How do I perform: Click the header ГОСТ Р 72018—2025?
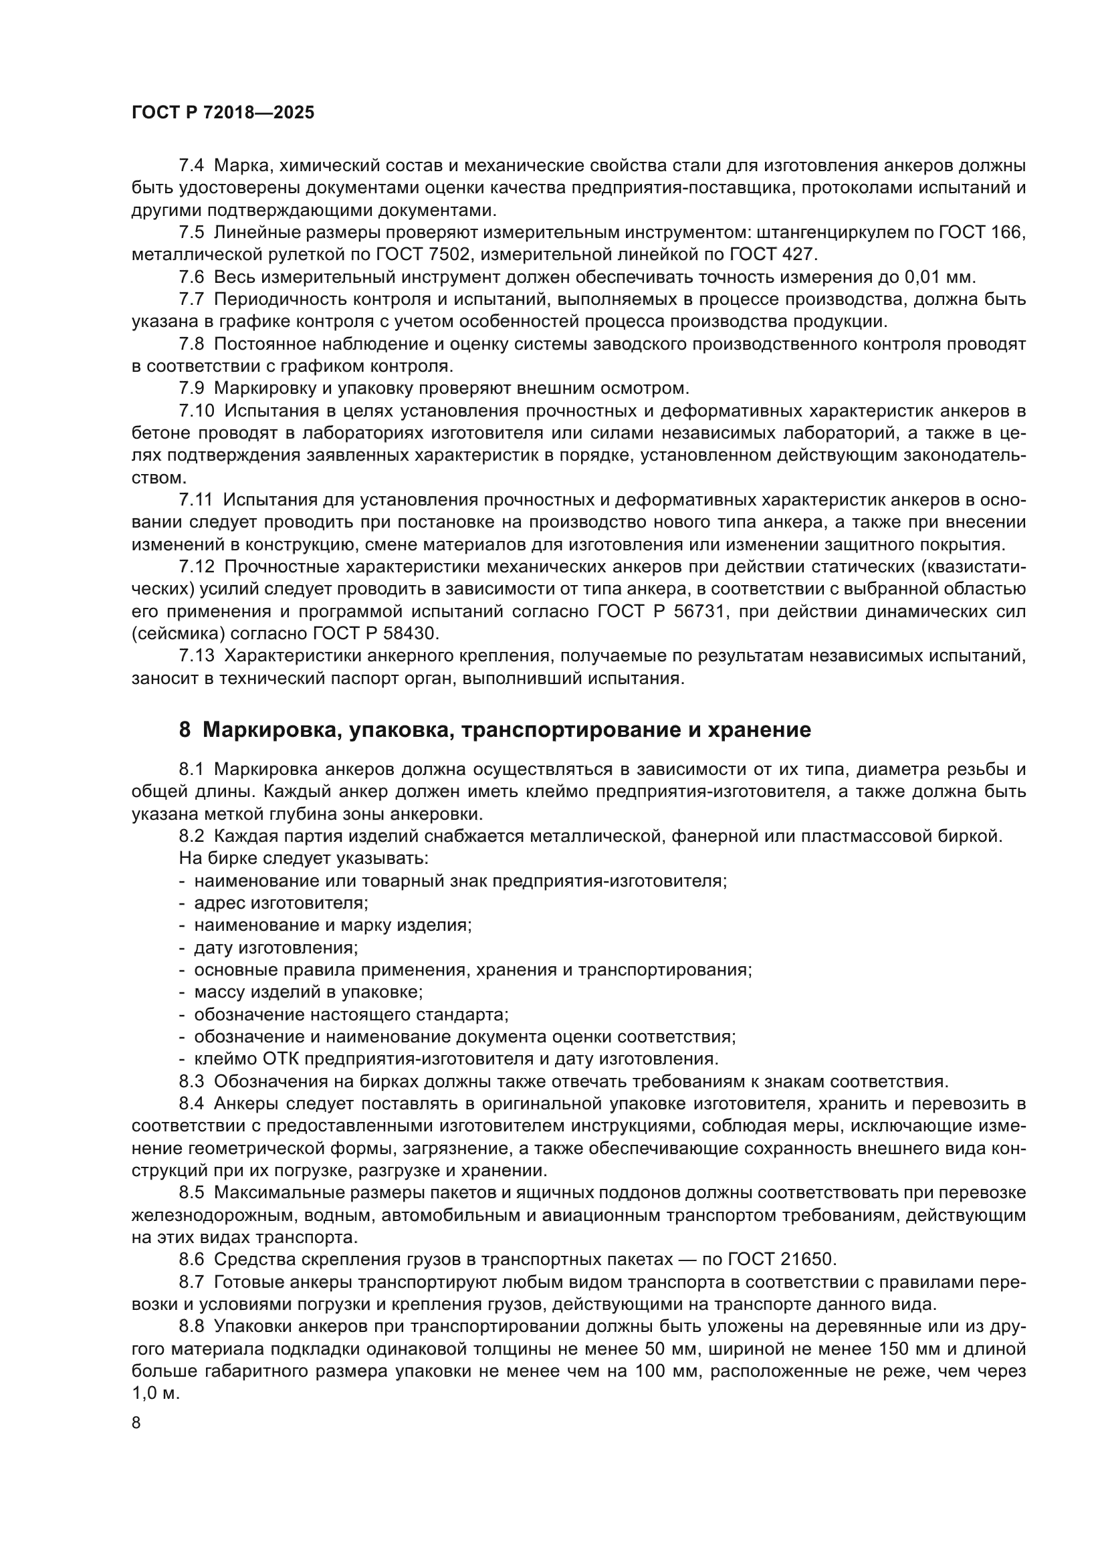pyautogui.click(x=223, y=113)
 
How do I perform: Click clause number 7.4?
pyautogui.click(x=191, y=166)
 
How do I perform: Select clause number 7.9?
pyautogui.click(x=191, y=388)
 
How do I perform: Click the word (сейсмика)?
pyautogui.click(x=178, y=633)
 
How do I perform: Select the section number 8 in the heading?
pyautogui.click(x=185, y=730)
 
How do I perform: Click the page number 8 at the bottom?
pyautogui.click(x=136, y=1423)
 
